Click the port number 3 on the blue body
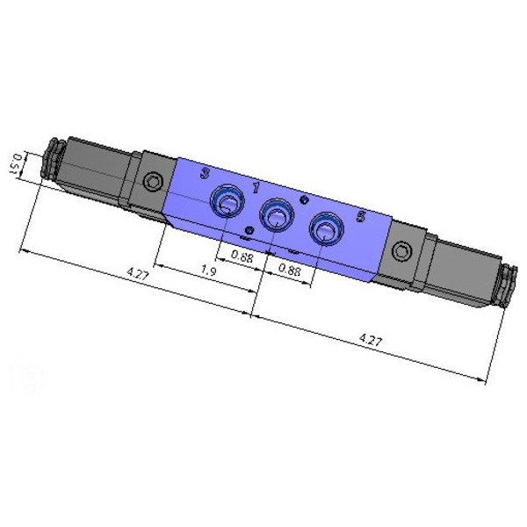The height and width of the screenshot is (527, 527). coord(205,173)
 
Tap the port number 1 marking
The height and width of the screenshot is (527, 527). coord(256,188)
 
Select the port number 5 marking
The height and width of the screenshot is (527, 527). coord(361,216)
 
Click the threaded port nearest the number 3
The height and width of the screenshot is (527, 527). coord(227,200)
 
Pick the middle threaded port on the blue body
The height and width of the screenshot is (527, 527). coord(277,215)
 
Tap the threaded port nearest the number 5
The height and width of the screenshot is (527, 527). coord(326,228)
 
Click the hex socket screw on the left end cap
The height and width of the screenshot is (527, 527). coord(153,182)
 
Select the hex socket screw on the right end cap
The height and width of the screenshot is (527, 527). coord(402,251)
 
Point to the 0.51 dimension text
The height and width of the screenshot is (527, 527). coord(16,163)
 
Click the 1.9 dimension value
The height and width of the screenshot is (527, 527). coord(208,271)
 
